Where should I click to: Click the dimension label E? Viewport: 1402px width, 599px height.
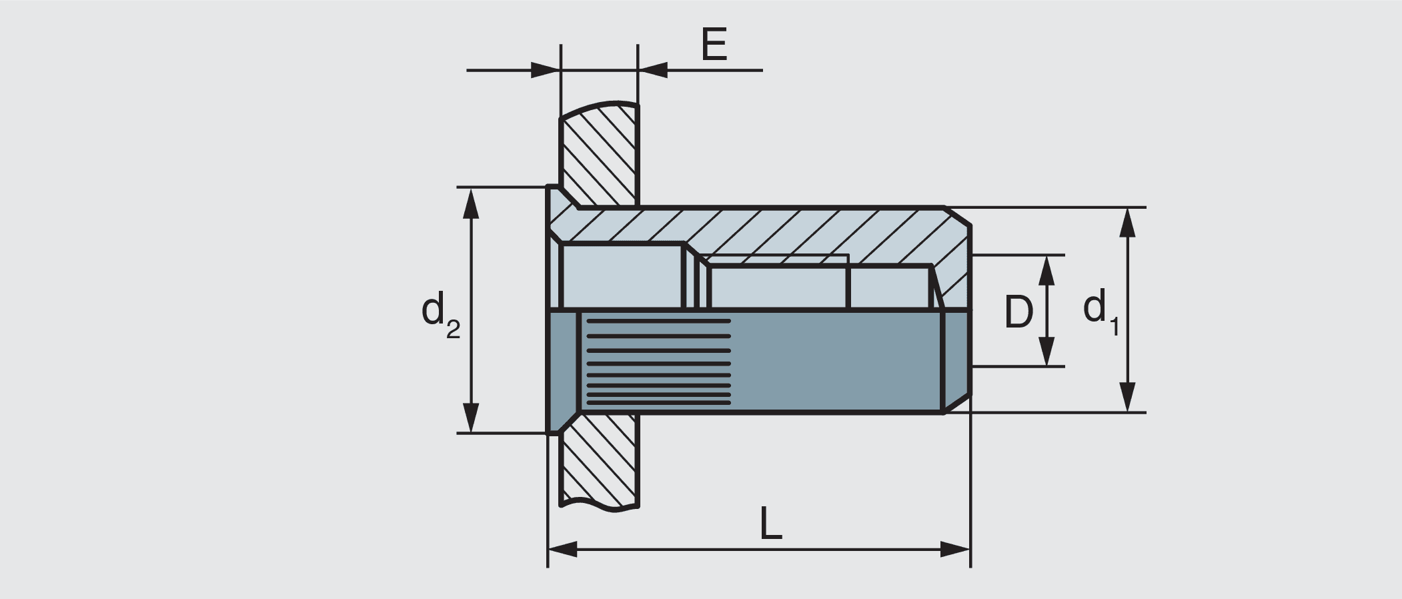714,45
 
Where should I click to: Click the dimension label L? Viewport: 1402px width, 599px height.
770,524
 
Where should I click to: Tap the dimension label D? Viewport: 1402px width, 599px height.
1018,312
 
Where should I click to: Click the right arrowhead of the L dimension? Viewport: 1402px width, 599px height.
955,550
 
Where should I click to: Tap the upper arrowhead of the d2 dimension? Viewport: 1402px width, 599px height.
471,203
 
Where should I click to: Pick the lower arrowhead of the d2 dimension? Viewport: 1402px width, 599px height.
471,418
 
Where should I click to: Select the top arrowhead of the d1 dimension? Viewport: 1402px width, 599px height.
1127,223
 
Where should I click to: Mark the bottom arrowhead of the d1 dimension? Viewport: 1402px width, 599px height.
1127,398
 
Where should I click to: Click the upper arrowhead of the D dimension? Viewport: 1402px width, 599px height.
1046,269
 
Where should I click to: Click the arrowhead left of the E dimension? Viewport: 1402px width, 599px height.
545,69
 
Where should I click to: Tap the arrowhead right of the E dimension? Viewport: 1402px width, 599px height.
653,69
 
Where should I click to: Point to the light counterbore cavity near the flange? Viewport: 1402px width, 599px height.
620,275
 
